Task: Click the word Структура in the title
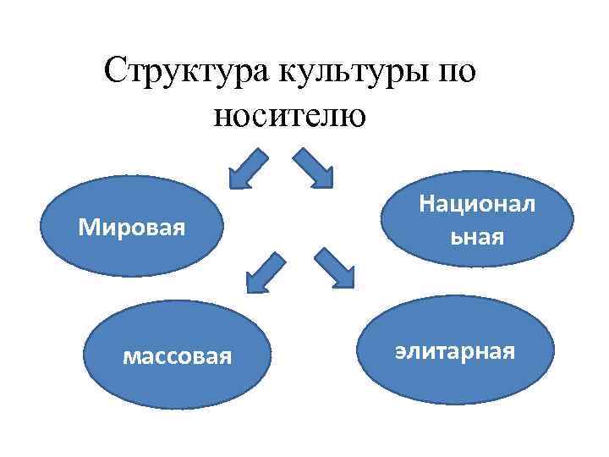184,71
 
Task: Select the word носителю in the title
290,114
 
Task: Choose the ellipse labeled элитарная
454,350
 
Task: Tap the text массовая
177,355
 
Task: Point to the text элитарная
454,350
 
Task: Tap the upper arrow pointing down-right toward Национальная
314,168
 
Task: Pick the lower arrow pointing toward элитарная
334,267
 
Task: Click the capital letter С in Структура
116,71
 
